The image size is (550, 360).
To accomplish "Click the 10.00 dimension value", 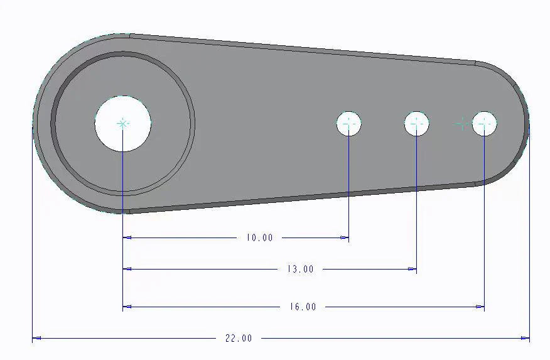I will pyautogui.click(x=260, y=238).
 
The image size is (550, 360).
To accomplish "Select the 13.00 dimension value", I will pyautogui.click(x=300, y=270).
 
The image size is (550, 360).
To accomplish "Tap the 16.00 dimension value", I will pyautogui.click(x=303, y=307).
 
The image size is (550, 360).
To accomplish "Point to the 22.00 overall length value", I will pyautogui.click(x=239, y=339).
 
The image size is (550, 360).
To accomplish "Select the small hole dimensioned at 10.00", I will pyautogui.click(x=349, y=124).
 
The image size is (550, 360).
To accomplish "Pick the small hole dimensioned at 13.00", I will pyautogui.click(x=417, y=124).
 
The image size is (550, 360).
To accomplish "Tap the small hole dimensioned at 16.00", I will pyautogui.click(x=485, y=124).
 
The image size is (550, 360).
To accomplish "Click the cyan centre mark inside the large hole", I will pyautogui.click(x=123, y=124).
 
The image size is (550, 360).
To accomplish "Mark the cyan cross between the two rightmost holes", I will pyautogui.click(x=462, y=124).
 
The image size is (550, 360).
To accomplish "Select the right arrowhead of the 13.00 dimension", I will pyautogui.click(x=412, y=269).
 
